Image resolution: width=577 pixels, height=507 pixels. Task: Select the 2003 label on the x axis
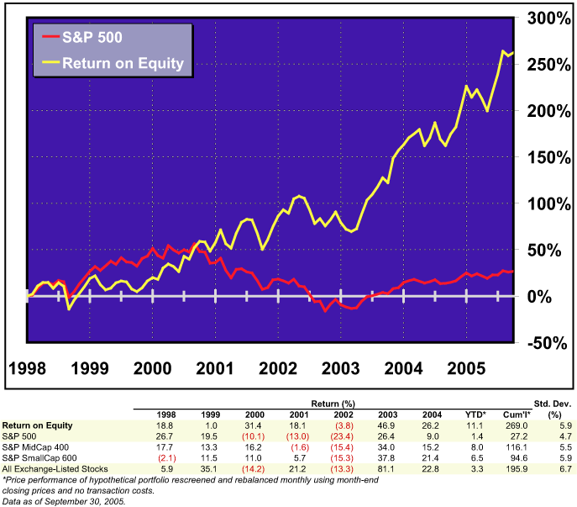[x=339, y=368]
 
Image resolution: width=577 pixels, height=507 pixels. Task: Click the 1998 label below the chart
[x=28, y=368]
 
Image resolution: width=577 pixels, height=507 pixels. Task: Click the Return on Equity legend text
[x=123, y=63]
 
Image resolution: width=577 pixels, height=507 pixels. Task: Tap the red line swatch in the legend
[x=50, y=39]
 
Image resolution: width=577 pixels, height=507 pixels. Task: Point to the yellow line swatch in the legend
[x=50, y=63]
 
